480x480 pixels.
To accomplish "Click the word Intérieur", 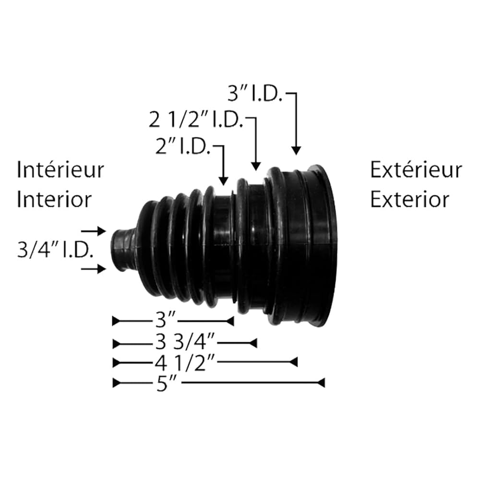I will pos(60,170).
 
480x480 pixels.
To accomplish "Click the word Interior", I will pos(54,199).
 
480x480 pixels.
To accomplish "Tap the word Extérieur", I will pos(416,170).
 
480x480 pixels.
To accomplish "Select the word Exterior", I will pos(409,199).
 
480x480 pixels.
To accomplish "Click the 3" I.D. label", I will pos(254,95).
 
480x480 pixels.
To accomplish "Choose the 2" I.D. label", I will pos(182,147).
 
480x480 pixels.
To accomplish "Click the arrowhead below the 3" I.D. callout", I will pos(296,151).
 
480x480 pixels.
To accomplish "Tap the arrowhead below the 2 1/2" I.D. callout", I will pos(256,166).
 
